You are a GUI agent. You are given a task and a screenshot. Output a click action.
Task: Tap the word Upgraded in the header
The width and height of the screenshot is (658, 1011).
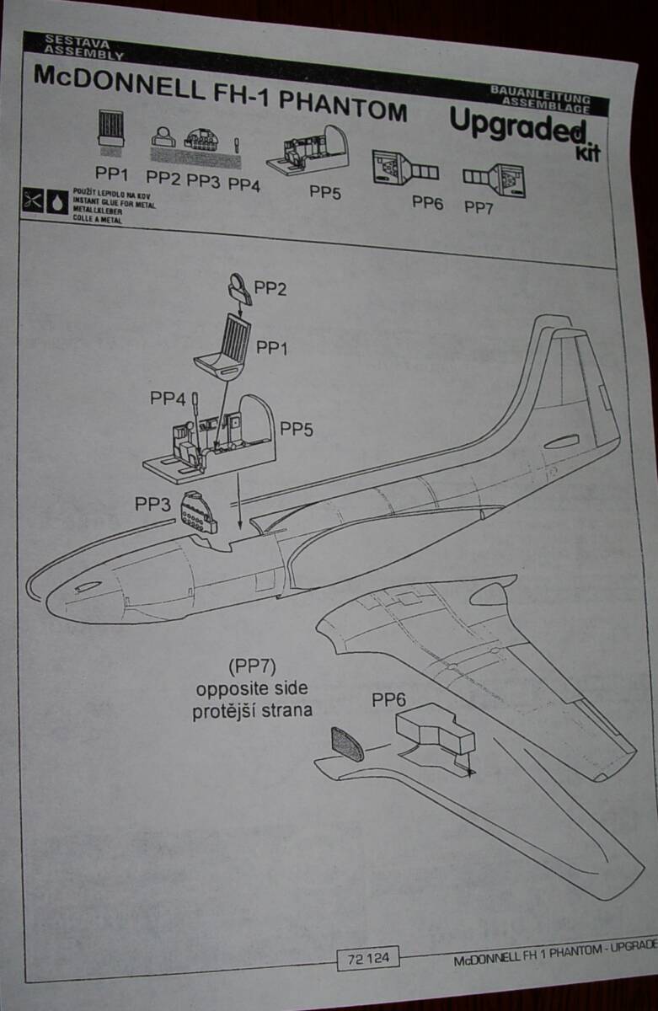(516, 126)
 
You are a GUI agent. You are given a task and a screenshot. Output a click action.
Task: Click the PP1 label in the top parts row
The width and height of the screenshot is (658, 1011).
(111, 174)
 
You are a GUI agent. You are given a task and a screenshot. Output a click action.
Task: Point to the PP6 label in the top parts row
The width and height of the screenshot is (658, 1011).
(427, 201)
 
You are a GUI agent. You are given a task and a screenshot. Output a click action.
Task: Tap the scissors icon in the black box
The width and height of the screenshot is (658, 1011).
(33, 201)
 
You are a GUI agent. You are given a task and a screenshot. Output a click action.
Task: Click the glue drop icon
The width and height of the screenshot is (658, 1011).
(57, 202)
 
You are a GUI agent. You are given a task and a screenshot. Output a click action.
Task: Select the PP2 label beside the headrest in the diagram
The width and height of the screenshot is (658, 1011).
(270, 289)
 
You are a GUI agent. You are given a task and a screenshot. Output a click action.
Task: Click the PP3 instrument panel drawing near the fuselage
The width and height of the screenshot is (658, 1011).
(199, 511)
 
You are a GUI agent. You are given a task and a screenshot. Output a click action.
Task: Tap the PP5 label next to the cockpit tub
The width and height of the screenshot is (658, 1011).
(297, 429)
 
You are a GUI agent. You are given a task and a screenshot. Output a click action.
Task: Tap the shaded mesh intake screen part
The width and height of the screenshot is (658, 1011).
(348, 743)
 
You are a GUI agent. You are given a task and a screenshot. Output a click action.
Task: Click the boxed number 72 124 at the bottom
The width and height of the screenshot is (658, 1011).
(367, 957)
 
